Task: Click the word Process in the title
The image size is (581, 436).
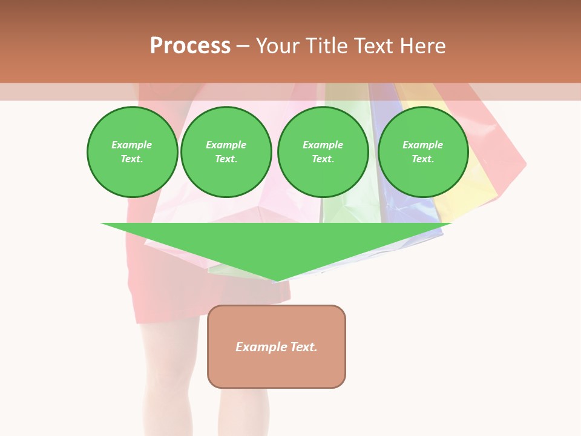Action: pyautogui.click(x=190, y=46)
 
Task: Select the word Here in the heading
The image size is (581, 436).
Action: pyautogui.click(x=422, y=46)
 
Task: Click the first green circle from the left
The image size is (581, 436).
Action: pyautogui.click(x=132, y=152)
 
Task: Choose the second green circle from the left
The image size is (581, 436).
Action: pyautogui.click(x=226, y=152)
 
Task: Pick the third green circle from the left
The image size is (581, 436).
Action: pyautogui.click(x=323, y=152)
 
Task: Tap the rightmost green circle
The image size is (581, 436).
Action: pyautogui.click(x=422, y=152)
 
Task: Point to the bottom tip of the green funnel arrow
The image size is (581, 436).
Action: pyautogui.click(x=277, y=280)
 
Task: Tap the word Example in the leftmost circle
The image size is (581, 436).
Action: pyautogui.click(x=132, y=145)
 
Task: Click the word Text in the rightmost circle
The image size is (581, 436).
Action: pyautogui.click(x=422, y=159)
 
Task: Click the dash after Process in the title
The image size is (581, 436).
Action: pyautogui.click(x=243, y=46)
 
